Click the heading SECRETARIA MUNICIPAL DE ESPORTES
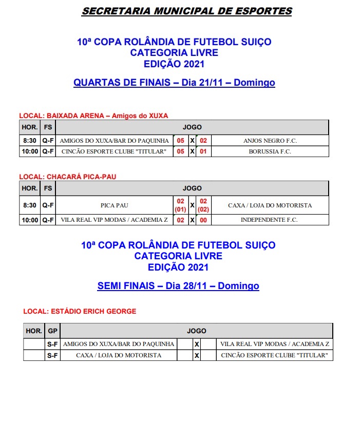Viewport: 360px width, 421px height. pos(186,11)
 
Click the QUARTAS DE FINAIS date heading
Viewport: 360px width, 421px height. pos(174,83)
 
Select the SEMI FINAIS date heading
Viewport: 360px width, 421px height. pos(178,286)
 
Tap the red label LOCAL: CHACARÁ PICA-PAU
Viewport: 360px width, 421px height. pos(68,177)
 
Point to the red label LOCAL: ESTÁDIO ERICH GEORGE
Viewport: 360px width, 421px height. pos(80,311)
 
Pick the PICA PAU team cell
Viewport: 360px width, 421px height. pos(115,205)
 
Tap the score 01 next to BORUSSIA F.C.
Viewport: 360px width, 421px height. pos(203,151)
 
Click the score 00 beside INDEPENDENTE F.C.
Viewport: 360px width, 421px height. pos(203,220)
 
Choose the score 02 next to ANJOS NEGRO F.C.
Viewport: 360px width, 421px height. pos(203,141)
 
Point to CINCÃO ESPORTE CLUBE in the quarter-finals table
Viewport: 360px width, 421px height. pos(114,151)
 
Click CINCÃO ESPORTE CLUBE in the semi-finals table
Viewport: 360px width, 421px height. pos(274,355)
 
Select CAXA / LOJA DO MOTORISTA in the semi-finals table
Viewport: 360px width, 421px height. pos(119,355)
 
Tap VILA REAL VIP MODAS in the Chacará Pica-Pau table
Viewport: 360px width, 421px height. pos(114,220)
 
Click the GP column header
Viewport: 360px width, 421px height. pos(52,331)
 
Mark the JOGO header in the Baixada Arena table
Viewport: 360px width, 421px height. pos(192,127)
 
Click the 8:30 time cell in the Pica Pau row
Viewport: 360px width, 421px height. pos(29,205)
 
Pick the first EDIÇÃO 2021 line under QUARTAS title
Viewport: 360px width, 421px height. pos(174,64)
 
